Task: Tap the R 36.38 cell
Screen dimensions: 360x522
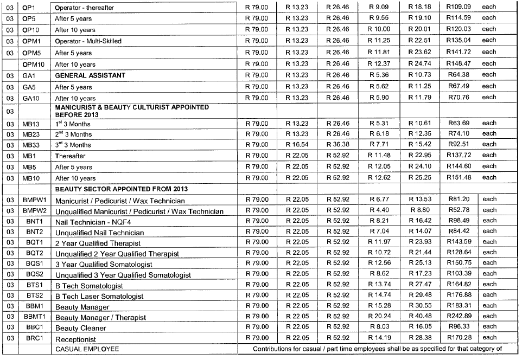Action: pyautogui.click(x=338, y=144)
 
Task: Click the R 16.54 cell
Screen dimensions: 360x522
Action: pyautogui.click(x=297, y=144)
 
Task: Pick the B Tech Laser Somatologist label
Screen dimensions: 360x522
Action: pyautogui.click(x=100, y=296)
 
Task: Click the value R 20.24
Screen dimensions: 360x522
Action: pyautogui.click(x=379, y=316)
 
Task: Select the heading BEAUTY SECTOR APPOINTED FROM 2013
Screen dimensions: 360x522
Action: pyautogui.click(x=122, y=189)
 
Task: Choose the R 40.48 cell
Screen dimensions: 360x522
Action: pyautogui.click(x=419, y=316)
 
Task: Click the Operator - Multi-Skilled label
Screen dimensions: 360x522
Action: pyautogui.click(x=88, y=41)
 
